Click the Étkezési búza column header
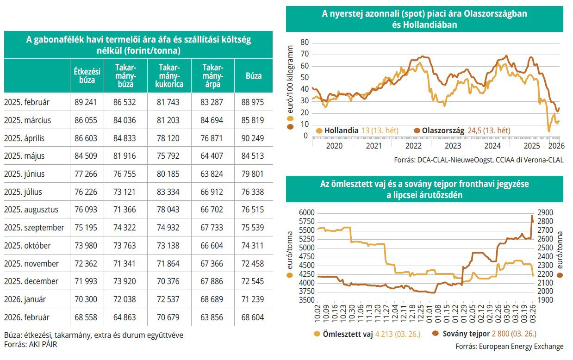click(x=87, y=75)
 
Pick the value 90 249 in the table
click(x=252, y=138)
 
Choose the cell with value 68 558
click(x=86, y=317)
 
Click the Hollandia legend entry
click(x=341, y=130)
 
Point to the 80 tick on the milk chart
click(x=304, y=42)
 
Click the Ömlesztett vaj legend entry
click(x=350, y=334)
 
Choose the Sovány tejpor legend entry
click(x=465, y=334)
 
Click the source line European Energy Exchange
click(x=510, y=346)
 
